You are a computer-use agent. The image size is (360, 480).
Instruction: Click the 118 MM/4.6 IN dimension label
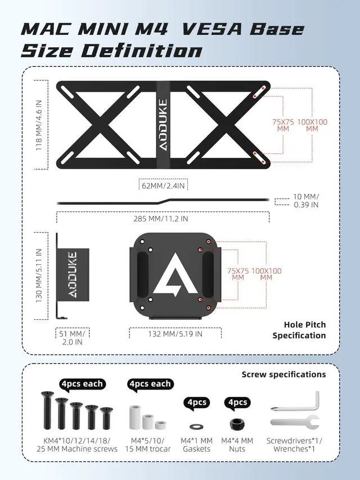pyautogui.click(x=39, y=124)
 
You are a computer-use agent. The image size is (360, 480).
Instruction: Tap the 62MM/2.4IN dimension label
pyautogui.click(x=163, y=184)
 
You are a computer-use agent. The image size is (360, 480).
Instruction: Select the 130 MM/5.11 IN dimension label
pyautogui.click(x=39, y=276)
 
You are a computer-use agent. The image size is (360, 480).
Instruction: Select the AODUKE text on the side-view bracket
pyautogui.click(x=73, y=275)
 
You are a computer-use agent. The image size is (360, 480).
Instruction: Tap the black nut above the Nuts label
pyautogui.click(x=237, y=420)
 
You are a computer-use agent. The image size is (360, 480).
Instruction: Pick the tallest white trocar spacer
pyautogui.click(x=136, y=416)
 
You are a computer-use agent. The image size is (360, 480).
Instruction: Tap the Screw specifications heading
pyautogui.click(x=283, y=374)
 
